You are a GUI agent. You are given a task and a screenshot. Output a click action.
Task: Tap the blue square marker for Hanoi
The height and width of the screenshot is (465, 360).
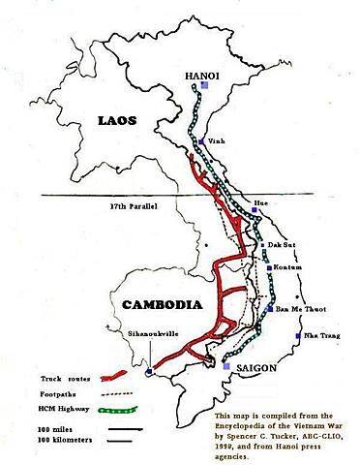tap(205, 86)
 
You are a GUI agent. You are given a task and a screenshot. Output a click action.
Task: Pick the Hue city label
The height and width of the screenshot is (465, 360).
tap(259, 201)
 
